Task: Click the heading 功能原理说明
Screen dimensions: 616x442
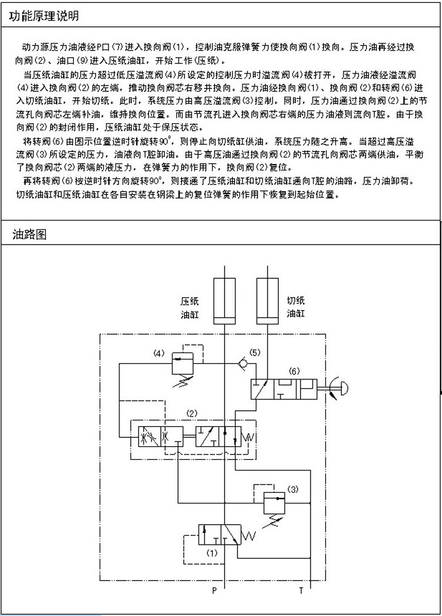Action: (44, 17)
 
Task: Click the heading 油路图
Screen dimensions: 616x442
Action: (29, 235)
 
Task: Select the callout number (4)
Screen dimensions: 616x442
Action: (159, 354)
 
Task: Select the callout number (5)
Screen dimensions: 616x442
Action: (255, 352)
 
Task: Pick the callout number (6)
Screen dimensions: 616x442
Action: (295, 371)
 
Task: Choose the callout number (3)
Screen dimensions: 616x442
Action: (293, 488)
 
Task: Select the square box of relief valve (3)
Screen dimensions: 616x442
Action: (272, 500)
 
